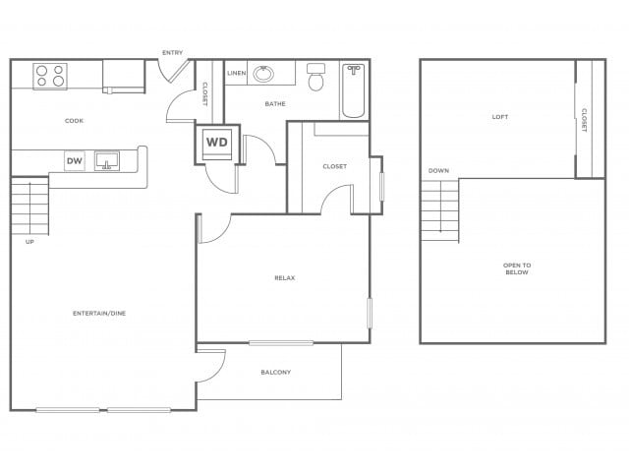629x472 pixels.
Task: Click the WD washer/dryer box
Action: click(216, 143)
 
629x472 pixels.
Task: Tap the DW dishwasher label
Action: click(74, 160)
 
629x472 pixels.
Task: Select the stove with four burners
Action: click(49, 76)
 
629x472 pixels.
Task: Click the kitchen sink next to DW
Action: click(106, 160)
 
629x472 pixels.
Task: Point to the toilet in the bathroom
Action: click(315, 78)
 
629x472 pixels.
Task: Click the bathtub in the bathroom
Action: click(353, 90)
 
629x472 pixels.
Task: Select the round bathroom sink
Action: click(263, 74)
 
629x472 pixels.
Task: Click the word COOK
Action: click(74, 121)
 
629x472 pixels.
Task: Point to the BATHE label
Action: click(274, 103)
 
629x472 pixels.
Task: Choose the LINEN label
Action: click(236, 74)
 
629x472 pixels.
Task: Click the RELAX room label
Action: click(285, 278)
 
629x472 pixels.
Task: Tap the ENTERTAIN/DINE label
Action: click(99, 314)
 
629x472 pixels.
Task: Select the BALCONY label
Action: click(275, 372)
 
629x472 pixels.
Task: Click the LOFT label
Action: click(500, 117)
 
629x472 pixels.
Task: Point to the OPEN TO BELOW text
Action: click(516, 268)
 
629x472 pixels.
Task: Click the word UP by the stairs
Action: click(29, 242)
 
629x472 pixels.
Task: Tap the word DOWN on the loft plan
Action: click(438, 171)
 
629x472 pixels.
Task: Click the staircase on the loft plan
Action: click(439, 209)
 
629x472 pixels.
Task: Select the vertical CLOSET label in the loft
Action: click(584, 120)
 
